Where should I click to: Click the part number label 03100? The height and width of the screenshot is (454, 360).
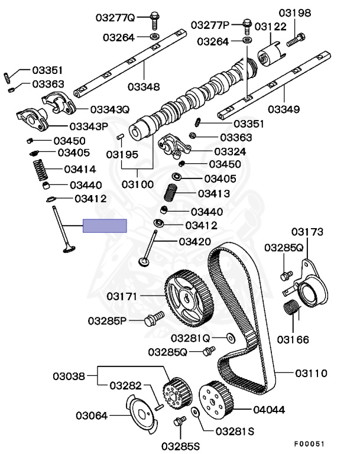138,184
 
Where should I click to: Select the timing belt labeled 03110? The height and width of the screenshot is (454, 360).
268,319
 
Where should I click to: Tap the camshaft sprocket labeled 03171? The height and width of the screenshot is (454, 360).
189,298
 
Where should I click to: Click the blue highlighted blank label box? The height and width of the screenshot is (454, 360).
105,226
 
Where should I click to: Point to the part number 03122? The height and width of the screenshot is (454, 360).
271,27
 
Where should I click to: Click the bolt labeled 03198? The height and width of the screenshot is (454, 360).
296,40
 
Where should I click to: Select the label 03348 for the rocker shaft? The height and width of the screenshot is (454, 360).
144,86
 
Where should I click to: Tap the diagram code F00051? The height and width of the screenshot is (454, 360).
309,444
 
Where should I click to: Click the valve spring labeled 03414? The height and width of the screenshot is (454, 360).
41,170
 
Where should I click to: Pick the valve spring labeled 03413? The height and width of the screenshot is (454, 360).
171,193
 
